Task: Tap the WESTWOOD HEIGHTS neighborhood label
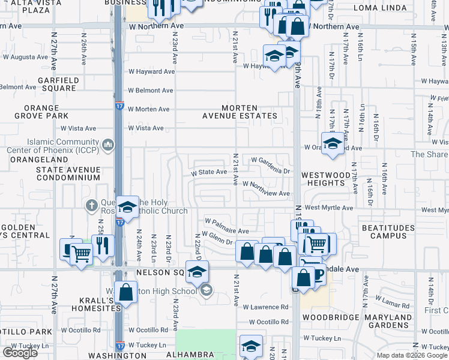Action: click(x=325, y=179)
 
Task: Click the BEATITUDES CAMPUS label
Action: click(x=388, y=232)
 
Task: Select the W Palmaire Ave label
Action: click(x=226, y=230)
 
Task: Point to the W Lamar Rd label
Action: click(x=393, y=298)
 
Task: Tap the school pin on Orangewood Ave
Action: click(x=332, y=145)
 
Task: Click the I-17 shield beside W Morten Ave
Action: click(x=120, y=106)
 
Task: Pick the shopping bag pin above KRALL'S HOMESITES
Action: click(x=126, y=293)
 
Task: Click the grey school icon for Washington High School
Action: click(x=206, y=291)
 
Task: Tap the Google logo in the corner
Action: click(x=20, y=353)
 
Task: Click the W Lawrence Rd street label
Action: click(x=266, y=307)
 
